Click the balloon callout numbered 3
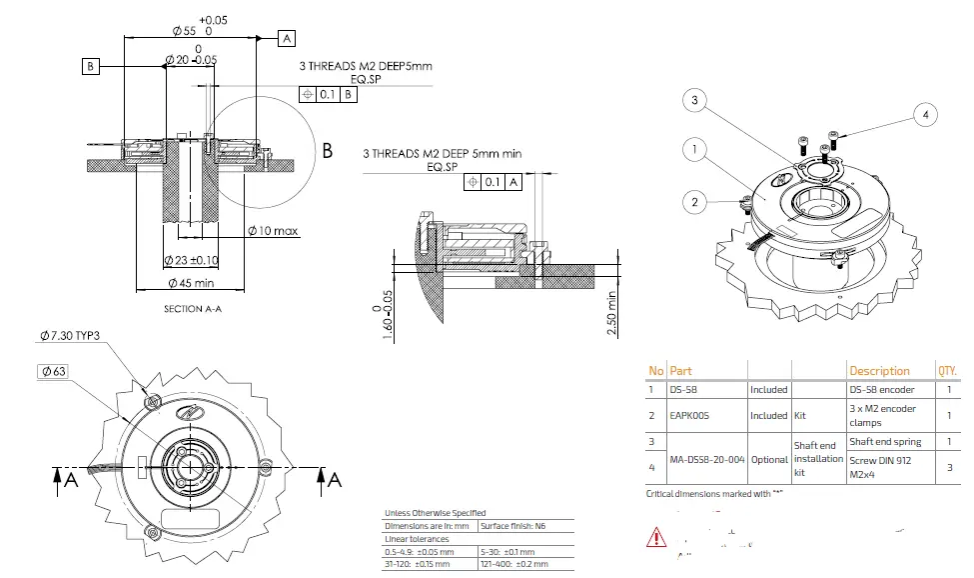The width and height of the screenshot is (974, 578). click(696, 100)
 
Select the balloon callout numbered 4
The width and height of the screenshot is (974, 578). click(925, 115)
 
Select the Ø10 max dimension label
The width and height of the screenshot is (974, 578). click(273, 231)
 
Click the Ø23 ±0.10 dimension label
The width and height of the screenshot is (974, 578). click(192, 260)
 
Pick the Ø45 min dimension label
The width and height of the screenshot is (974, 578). click(191, 283)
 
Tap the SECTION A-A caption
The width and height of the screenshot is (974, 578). click(192, 309)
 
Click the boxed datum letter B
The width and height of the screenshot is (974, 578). click(91, 66)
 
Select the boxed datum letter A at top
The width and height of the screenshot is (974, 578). click(286, 38)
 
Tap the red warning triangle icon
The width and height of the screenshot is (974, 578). click(656, 537)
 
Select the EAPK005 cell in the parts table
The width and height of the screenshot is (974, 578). click(689, 415)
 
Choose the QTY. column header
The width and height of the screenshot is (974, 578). click(947, 371)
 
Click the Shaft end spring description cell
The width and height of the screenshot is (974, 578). click(885, 441)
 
